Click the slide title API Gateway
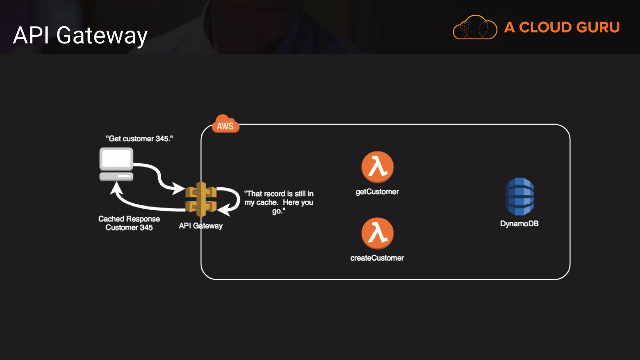(x=80, y=35)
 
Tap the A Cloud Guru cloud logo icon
(x=475, y=28)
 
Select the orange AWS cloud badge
(x=225, y=125)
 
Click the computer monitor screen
(x=116, y=158)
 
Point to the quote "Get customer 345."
(x=139, y=139)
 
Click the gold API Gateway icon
(x=201, y=199)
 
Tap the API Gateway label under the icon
(x=200, y=226)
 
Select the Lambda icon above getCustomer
(x=377, y=167)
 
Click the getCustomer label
(x=377, y=192)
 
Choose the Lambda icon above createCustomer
(x=377, y=233)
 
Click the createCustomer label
(x=377, y=258)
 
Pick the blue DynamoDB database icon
(x=520, y=196)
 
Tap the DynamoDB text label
(x=519, y=224)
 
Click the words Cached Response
(x=129, y=219)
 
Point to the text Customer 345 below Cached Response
(x=129, y=228)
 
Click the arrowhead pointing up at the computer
(x=116, y=188)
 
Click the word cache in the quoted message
(x=267, y=202)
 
